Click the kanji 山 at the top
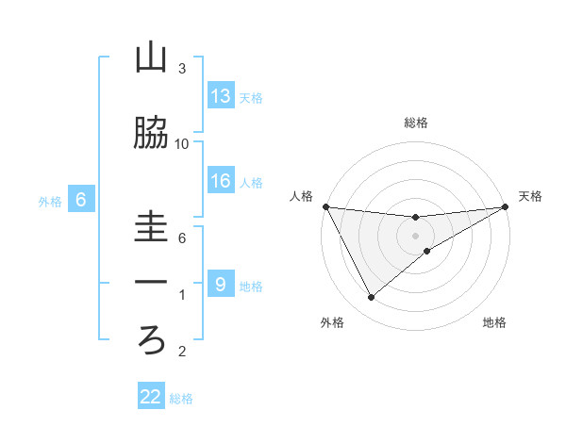[x=151, y=59]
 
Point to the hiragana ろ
[x=151, y=339]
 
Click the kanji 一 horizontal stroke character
[x=151, y=283]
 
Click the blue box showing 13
[x=221, y=96]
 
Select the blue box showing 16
[x=221, y=182]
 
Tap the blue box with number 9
[x=221, y=285]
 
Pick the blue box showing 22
[x=151, y=397]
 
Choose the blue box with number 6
[x=81, y=200]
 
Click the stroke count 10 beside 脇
[x=182, y=144]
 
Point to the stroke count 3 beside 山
[x=182, y=69]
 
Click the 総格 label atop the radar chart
[x=416, y=123]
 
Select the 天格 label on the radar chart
[x=531, y=196]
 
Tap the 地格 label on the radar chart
[x=494, y=323]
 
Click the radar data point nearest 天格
[x=506, y=206]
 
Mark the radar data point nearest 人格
[x=325, y=206]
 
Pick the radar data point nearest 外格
[x=371, y=298]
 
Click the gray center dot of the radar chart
[x=416, y=236]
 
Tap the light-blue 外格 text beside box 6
[x=49, y=202]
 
